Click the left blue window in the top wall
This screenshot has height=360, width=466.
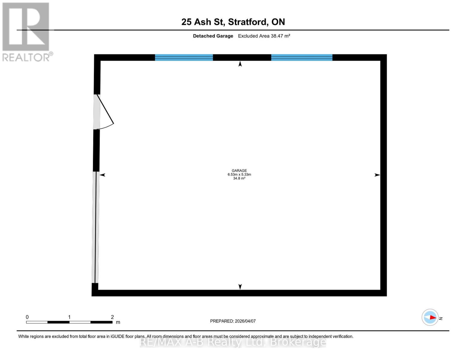point(184,57)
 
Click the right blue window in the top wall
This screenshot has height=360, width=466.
point(302,57)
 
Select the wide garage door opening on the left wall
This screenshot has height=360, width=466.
point(95,227)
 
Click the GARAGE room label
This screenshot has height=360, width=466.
point(239,170)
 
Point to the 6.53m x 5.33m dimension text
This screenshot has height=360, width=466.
point(239,174)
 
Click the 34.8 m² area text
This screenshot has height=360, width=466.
point(239,178)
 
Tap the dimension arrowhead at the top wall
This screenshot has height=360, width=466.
point(240,64)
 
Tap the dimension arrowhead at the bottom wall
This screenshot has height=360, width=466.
point(240,287)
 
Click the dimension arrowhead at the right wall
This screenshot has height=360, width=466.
point(377,175)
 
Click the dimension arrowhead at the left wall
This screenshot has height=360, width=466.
point(103,175)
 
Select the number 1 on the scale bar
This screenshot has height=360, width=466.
point(69,317)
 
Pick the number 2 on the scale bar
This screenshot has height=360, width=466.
point(113,317)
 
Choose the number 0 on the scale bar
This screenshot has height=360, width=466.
point(27,317)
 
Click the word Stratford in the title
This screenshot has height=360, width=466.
point(247,22)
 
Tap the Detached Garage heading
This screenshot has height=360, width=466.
point(213,36)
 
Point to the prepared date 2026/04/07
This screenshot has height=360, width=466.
point(245,321)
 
